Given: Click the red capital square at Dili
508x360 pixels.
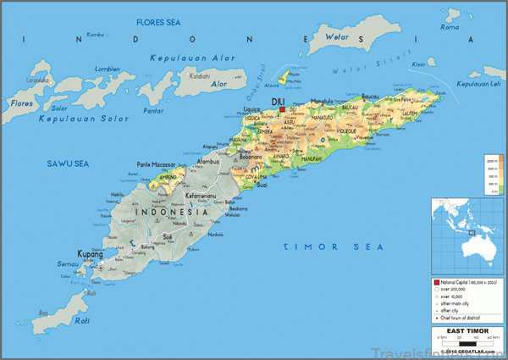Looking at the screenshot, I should click(x=282, y=109).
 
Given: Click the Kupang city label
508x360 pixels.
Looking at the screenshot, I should click(x=90, y=253).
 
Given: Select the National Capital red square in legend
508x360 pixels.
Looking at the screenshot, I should click(x=436, y=280).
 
